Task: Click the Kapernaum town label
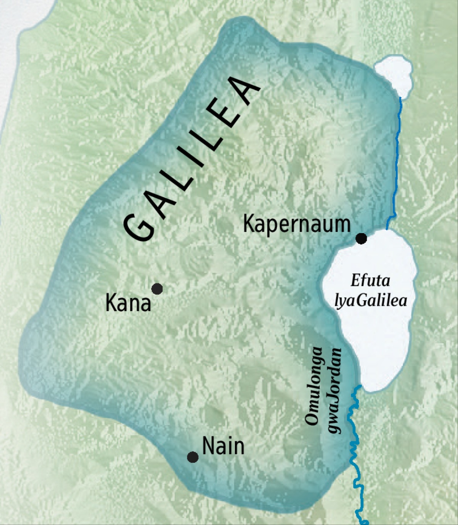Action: [x=297, y=225]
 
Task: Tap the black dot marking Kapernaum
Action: [x=361, y=239]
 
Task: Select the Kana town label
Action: [x=128, y=304]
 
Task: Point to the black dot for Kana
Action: [x=157, y=289]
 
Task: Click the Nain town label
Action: [x=223, y=446]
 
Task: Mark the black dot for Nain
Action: [x=193, y=457]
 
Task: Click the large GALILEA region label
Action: [x=191, y=161]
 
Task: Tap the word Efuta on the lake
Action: [x=370, y=281]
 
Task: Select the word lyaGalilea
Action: [x=371, y=301]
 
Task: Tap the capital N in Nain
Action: [x=208, y=446]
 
